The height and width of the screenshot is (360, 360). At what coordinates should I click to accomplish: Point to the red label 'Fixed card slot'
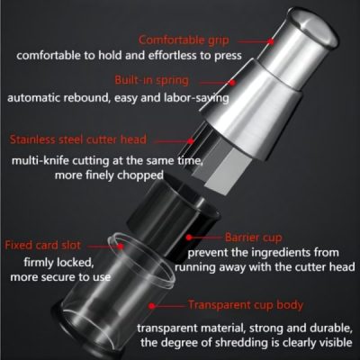(x=44, y=245)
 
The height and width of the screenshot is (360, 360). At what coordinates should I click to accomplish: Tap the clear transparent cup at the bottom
(x=144, y=297)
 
